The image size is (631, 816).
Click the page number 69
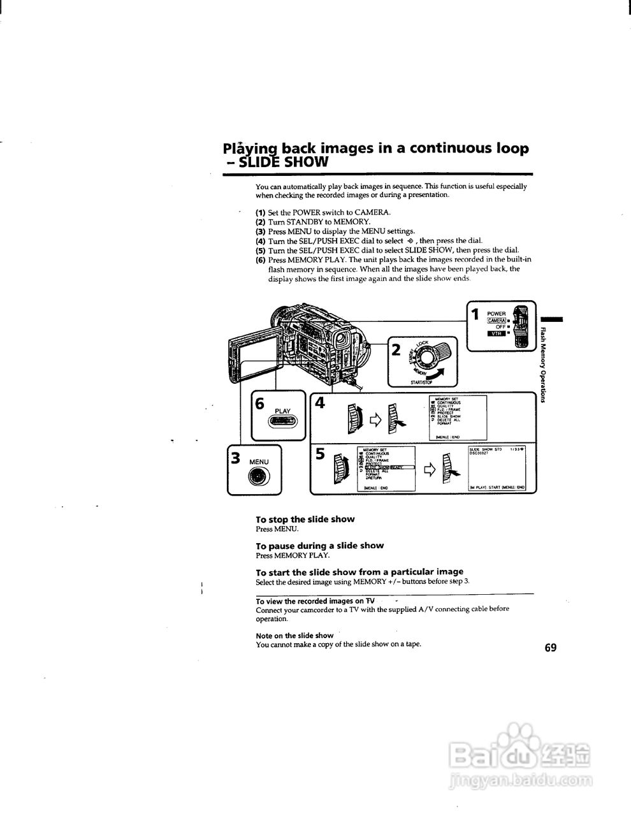[551, 648]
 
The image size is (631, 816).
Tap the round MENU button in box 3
[259, 476]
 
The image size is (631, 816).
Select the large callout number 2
[396, 349]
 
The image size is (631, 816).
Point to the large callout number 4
[320, 404]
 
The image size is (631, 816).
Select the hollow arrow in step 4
[374, 419]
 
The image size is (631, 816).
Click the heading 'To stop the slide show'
[305, 520]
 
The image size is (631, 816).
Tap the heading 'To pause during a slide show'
[319, 546]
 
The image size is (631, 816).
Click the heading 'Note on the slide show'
[294, 636]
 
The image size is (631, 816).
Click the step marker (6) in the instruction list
[260, 260]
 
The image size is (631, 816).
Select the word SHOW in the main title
[307, 162]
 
